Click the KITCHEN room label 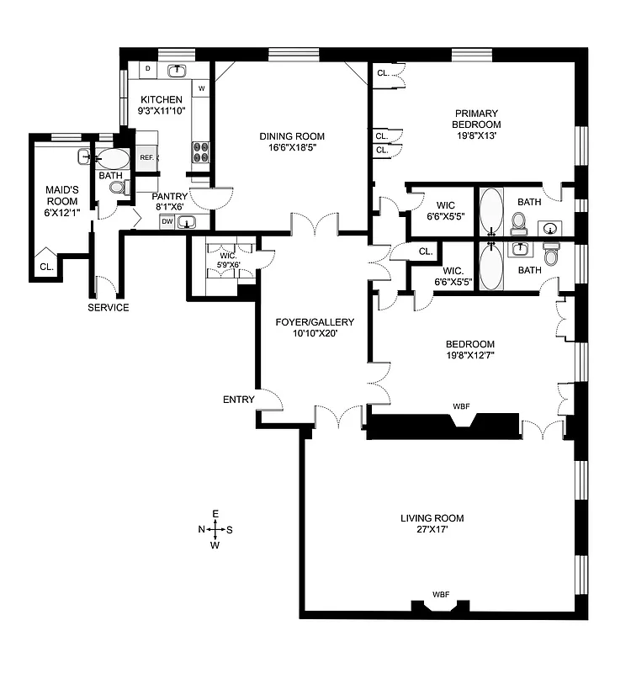coord(161,100)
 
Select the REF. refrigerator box coord(146,157)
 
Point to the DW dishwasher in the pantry coord(167,222)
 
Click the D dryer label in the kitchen coord(148,67)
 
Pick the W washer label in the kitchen coord(202,88)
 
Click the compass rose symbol coord(215,529)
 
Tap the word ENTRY coord(238,400)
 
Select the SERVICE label coord(109,308)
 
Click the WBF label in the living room coord(440,595)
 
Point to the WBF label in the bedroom coord(460,406)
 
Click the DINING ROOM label coord(291,136)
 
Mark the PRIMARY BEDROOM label coord(476,119)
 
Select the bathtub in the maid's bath coord(112,157)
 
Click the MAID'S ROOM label coord(61,201)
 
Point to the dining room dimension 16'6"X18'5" coord(291,148)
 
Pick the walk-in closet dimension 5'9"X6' coord(229,265)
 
